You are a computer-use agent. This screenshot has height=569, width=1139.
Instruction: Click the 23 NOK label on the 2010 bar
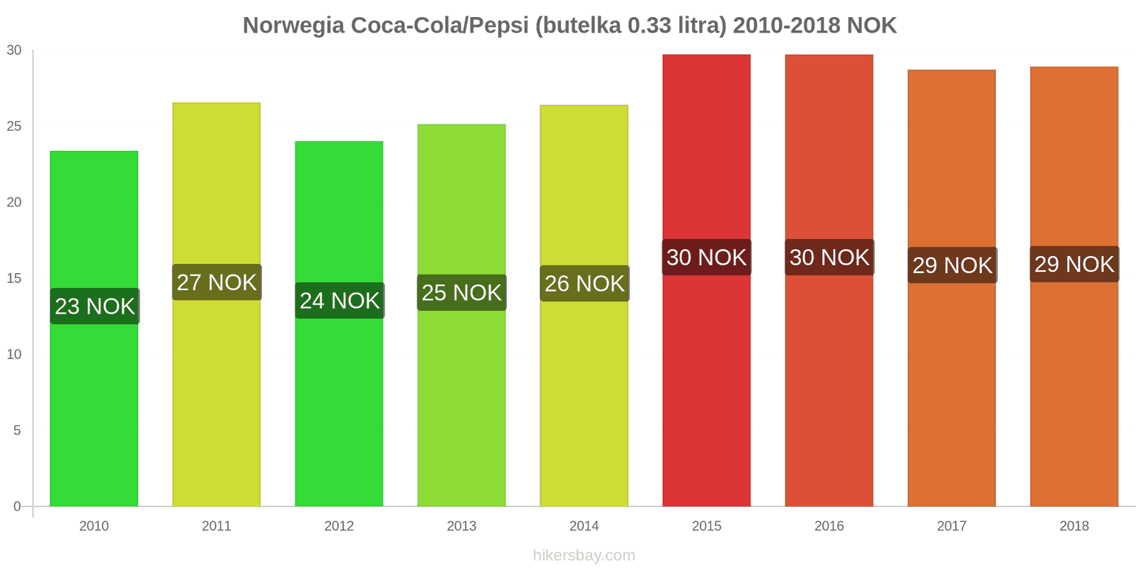click(95, 307)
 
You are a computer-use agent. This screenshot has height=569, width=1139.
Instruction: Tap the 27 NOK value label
click(216, 282)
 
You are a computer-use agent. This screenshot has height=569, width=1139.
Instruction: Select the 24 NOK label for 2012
click(340, 301)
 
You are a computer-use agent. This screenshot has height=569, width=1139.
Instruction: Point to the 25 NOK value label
click(461, 293)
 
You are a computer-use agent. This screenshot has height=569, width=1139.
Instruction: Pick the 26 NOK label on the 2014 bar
click(584, 284)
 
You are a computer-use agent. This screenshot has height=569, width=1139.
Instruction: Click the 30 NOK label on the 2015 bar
click(706, 257)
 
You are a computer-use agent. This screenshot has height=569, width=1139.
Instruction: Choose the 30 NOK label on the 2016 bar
click(829, 257)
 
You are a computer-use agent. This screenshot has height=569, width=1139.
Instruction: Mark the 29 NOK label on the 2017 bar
click(952, 265)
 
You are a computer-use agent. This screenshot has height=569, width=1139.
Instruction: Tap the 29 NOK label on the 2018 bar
click(1074, 265)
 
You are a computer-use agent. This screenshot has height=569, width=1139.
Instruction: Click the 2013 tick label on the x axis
click(461, 526)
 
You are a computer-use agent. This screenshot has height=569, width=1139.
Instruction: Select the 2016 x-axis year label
click(829, 526)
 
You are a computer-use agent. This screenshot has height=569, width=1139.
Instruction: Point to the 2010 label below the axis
click(94, 526)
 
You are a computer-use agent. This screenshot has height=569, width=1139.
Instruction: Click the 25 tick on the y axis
click(14, 127)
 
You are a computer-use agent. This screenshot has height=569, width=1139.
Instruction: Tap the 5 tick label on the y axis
click(18, 431)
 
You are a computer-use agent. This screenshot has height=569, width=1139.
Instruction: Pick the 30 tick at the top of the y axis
click(14, 50)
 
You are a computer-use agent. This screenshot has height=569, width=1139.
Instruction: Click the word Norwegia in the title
click(293, 26)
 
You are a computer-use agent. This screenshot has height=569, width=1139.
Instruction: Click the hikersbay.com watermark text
click(584, 555)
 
